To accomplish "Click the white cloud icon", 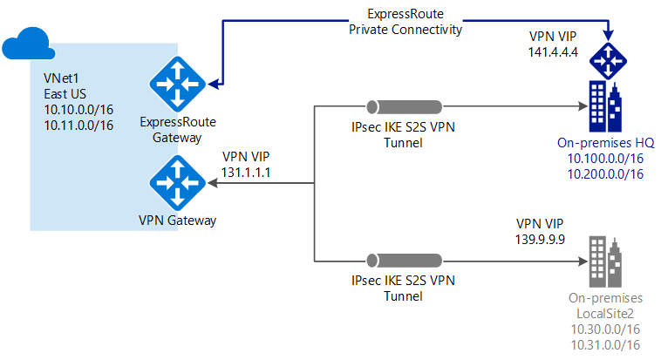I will tap(29, 44).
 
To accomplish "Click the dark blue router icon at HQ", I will tap(605, 60).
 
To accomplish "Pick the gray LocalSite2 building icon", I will tap(605, 257).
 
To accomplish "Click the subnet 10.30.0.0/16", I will tap(603, 329).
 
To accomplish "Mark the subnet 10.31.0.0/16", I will tap(603, 344).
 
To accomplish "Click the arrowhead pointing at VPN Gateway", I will tap(212, 184).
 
